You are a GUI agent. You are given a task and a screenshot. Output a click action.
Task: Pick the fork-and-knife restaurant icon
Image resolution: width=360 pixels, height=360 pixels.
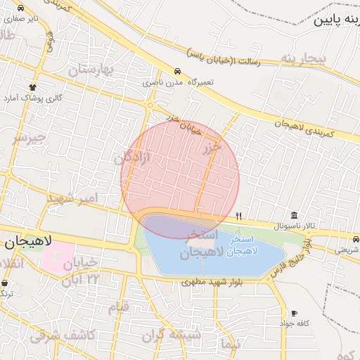(x=239, y=215)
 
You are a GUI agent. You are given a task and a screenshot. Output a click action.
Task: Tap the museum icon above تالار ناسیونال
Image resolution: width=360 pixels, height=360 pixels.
(x=294, y=215)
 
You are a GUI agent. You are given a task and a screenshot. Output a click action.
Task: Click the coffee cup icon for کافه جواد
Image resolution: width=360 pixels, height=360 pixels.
(x=294, y=313)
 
